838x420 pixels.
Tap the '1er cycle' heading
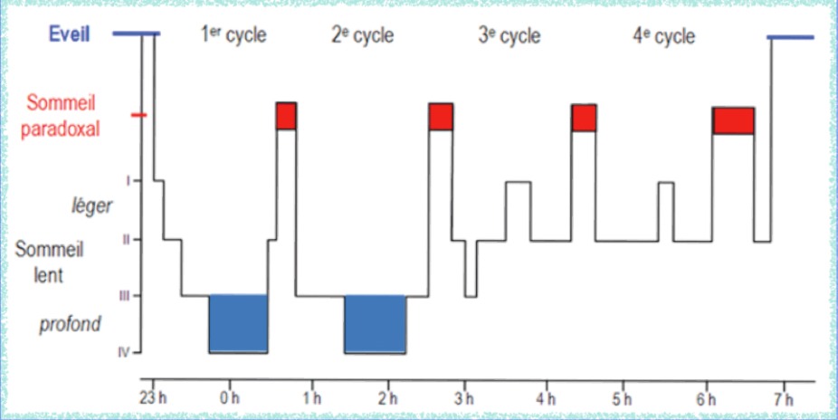[x=233, y=36]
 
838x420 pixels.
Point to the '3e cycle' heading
[x=509, y=36]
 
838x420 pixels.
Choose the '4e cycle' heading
[x=663, y=36]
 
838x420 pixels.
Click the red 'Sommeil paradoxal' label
[x=62, y=115]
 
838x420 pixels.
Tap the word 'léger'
[x=90, y=206]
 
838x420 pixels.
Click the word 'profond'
[x=70, y=323]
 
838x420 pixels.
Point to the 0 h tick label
[x=229, y=398]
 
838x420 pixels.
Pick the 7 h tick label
[x=784, y=398]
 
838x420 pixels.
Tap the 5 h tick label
[x=621, y=398]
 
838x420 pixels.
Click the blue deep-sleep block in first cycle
[x=238, y=323]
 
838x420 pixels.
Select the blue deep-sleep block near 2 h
[x=375, y=323]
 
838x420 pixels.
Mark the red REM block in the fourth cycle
[x=733, y=120]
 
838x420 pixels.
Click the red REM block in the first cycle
[x=286, y=116]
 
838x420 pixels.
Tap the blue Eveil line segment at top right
[x=790, y=37]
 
